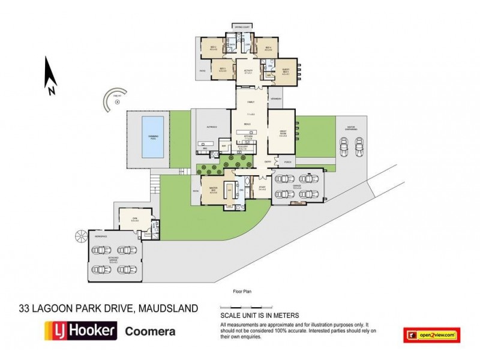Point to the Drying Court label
pyautogui.click(x=242, y=28)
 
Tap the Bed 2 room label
pyautogui.click(x=212, y=47)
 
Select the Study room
pyautogui.click(x=262, y=188)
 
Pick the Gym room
pyautogui.click(x=136, y=220)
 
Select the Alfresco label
pyautogui.click(x=211, y=127)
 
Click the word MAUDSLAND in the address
pyautogui.click(x=169, y=308)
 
